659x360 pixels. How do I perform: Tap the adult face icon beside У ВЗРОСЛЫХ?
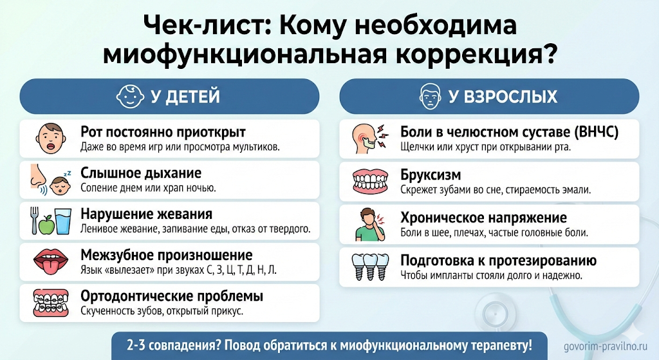coord(429,97)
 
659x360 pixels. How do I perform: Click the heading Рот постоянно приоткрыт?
coord(163,132)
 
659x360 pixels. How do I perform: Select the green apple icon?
coord(46,225)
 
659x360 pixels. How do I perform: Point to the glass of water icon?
coord(63,220)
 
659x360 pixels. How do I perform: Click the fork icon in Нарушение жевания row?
coord(34,220)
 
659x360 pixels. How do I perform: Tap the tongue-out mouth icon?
coord(47,261)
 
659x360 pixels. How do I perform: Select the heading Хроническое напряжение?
coord(483,217)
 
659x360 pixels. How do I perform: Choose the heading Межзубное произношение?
coord(166,256)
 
